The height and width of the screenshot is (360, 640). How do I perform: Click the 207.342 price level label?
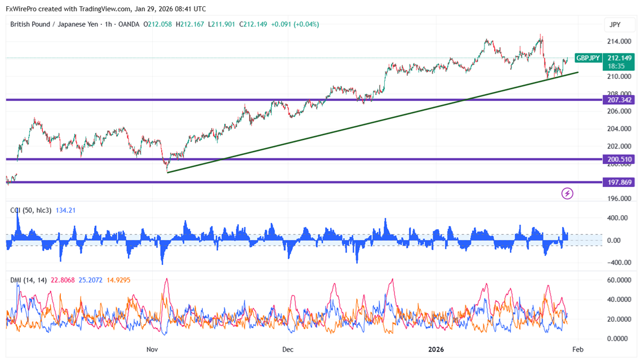(619, 100)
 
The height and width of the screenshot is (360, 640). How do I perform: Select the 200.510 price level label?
(619, 159)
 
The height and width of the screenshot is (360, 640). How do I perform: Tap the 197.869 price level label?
(619, 183)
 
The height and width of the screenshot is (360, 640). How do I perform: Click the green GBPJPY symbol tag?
(588, 58)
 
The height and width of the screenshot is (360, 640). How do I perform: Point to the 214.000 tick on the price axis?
(619, 42)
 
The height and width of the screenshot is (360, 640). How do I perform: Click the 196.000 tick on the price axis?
(619, 199)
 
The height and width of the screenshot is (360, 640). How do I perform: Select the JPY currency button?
(615, 25)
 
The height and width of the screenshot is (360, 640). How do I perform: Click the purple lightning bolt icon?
(567, 194)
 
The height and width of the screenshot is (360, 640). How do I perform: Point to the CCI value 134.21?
(65, 211)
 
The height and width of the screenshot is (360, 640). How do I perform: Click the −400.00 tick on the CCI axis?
(618, 263)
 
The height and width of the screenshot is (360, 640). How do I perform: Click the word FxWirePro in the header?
(21, 9)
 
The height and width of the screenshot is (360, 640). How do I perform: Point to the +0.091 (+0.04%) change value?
(295, 24)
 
